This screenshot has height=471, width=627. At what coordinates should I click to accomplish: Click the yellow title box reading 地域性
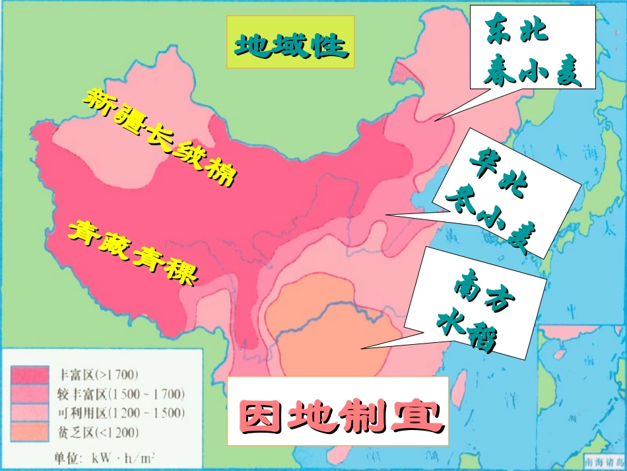pos(291,43)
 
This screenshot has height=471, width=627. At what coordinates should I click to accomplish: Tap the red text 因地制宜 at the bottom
pos(337,414)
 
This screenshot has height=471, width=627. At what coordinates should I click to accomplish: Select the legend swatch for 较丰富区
pos(29,395)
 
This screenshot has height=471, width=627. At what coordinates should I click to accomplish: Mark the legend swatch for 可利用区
pos(29,414)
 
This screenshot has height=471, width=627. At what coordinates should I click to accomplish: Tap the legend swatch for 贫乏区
pos(29,433)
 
